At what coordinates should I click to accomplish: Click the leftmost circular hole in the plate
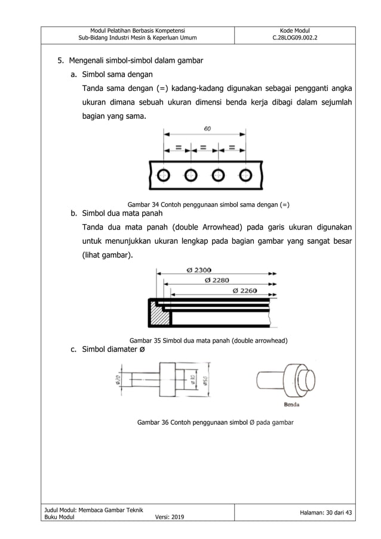[163, 175]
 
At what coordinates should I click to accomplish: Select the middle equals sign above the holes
[204, 146]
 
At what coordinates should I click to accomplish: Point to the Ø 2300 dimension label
[202, 269]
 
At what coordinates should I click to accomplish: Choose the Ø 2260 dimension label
[245, 290]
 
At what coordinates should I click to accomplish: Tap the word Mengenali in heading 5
[88, 60]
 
